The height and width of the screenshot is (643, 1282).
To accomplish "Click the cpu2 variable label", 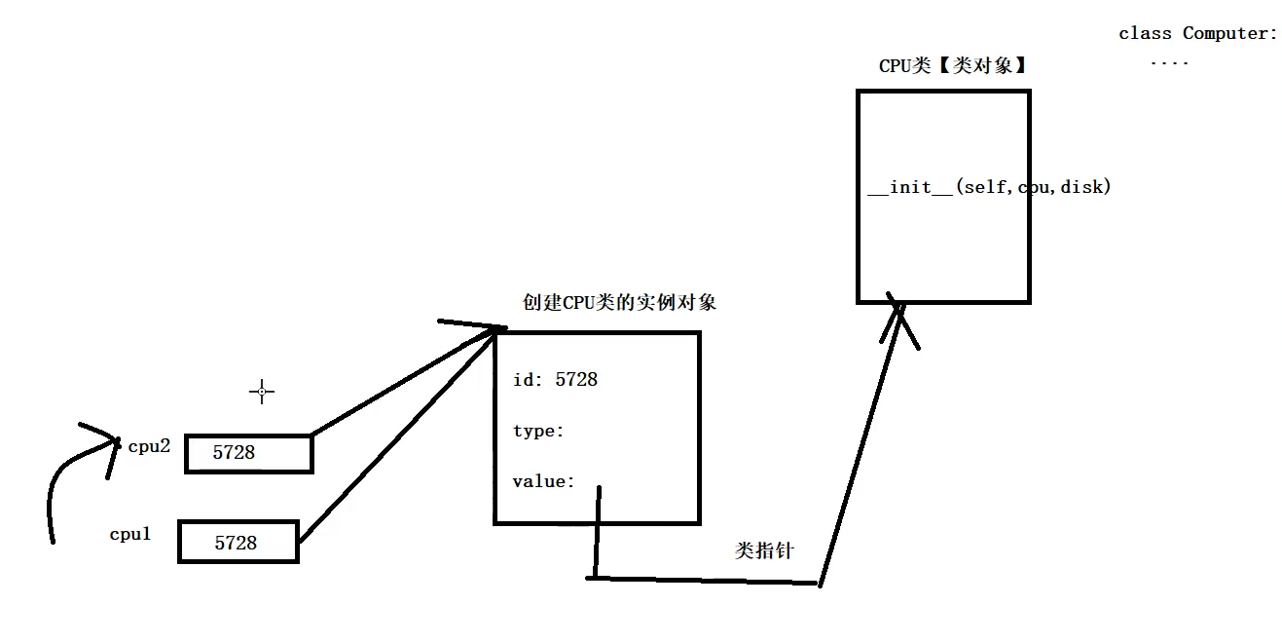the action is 149,446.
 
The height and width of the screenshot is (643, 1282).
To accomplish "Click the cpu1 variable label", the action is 129,534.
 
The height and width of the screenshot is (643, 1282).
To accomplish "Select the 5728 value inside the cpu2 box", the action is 234,452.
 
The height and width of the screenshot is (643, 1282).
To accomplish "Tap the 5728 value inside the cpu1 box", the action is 236,543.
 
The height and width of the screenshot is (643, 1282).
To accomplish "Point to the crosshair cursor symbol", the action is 262,392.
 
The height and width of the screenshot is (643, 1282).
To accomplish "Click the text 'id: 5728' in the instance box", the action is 555,379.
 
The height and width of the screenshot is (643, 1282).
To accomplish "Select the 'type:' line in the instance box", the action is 538,431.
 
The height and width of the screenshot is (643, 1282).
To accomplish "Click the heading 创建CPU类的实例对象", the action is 619,302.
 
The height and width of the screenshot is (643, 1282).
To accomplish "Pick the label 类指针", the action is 764,550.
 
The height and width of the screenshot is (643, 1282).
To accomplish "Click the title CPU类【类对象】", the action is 953,66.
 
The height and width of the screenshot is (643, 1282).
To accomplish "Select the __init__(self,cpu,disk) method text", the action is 989,187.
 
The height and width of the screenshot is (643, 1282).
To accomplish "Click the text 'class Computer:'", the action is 1197,33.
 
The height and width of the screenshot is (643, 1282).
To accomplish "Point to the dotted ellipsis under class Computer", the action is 1169,63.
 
